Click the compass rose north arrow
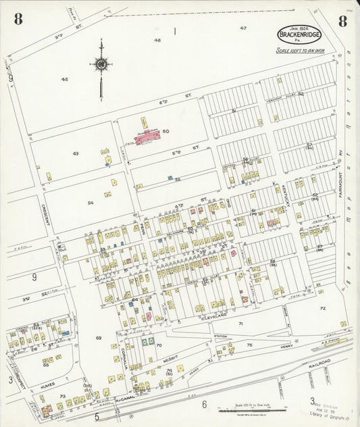101,65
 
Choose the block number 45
64,79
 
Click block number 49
76,153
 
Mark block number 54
90,203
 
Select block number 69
99,338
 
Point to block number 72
323,308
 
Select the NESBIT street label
170,361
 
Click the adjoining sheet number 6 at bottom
203,405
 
